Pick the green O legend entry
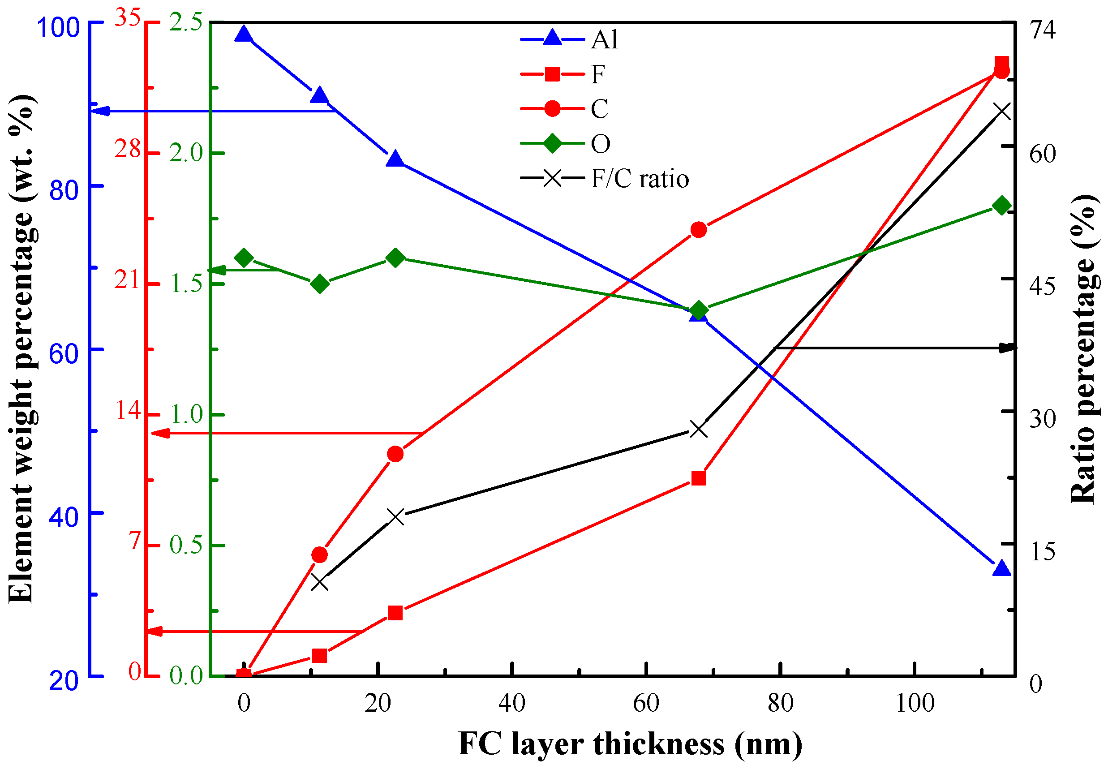(x=566, y=144)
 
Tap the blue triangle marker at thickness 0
(x=244, y=34)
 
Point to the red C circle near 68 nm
(x=699, y=230)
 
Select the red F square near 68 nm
(x=699, y=478)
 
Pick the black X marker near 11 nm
(x=320, y=583)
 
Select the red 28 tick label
(x=128, y=150)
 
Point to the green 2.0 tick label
(x=187, y=153)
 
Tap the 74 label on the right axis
(x=1043, y=30)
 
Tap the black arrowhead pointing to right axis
(x=1007, y=348)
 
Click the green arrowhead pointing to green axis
(x=219, y=271)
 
